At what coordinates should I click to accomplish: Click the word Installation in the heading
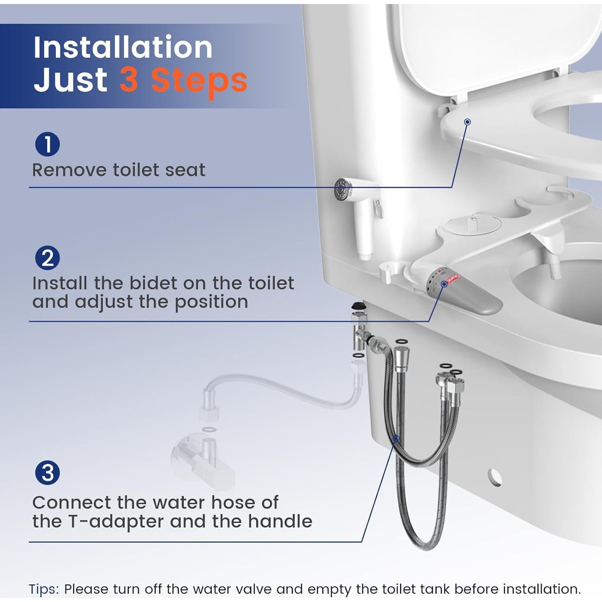122,47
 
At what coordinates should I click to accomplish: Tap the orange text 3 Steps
183,80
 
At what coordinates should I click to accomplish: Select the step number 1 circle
47,144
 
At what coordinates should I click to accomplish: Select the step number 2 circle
47,258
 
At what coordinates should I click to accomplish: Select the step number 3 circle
47,473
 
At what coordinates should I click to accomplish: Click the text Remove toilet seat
118,170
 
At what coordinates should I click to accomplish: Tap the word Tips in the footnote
43,589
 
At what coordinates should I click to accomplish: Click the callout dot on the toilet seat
467,122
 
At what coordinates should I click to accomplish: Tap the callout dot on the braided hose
396,439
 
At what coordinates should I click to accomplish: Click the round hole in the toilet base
495,477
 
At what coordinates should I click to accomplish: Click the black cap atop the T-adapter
357,306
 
